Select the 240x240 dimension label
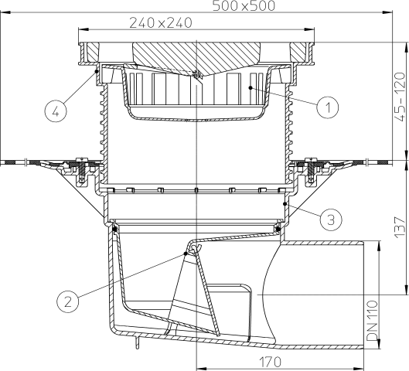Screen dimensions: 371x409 161,23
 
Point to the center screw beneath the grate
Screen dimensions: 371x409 197,76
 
